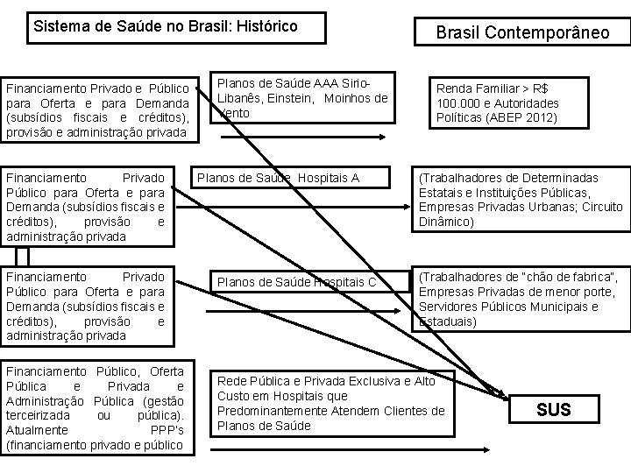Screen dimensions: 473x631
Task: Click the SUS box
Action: click(553, 409)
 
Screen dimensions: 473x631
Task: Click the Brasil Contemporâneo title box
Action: click(523, 33)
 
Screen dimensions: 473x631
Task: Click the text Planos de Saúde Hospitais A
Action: click(278, 179)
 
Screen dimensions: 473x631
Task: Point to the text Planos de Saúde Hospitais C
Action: click(296, 281)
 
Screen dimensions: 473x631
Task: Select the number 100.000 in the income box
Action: click(458, 102)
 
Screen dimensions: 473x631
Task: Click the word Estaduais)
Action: click(449, 321)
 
